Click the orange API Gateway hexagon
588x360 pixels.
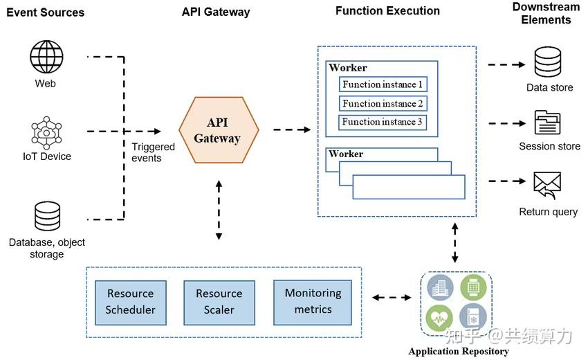218,130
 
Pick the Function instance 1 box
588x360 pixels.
383,84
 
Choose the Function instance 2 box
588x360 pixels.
383,103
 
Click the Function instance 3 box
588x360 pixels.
383,122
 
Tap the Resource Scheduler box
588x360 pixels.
131,302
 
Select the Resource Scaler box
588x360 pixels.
219,302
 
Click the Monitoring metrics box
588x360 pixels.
313,302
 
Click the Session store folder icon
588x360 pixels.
548,123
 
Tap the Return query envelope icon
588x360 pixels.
547,185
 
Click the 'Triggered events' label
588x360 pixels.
147,152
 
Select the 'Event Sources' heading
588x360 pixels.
46,12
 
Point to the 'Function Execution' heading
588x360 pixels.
387,11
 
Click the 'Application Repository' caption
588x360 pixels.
459,351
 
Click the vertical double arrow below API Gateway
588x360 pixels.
219,210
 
